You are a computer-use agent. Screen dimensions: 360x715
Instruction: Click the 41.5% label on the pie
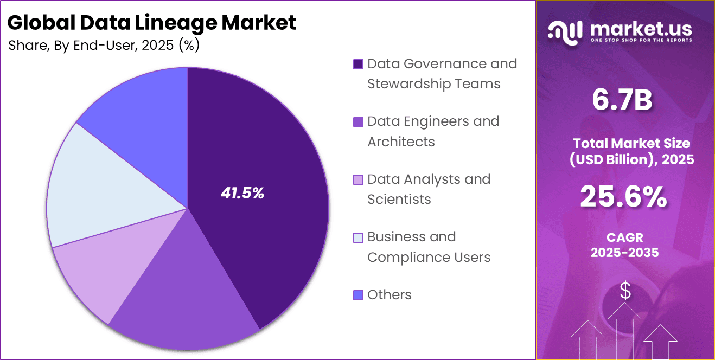[242, 193]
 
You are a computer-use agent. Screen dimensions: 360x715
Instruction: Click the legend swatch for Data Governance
[358, 65]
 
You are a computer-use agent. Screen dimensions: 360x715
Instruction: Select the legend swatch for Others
[358, 295]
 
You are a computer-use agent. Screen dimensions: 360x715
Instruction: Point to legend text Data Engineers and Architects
[433, 131]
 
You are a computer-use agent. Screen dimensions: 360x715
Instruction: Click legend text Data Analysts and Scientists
[429, 189]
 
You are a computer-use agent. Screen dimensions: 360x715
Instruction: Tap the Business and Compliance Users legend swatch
[358, 237]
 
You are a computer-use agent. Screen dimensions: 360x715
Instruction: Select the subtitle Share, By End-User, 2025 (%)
[104, 46]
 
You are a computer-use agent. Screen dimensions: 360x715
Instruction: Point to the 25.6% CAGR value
[624, 197]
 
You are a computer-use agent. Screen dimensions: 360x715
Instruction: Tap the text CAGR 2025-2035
[624, 245]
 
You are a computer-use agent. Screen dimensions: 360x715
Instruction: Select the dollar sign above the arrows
[625, 291]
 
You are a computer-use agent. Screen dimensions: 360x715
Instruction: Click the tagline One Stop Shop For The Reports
[640, 41]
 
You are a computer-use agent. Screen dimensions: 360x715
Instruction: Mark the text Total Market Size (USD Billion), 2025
[625, 151]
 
